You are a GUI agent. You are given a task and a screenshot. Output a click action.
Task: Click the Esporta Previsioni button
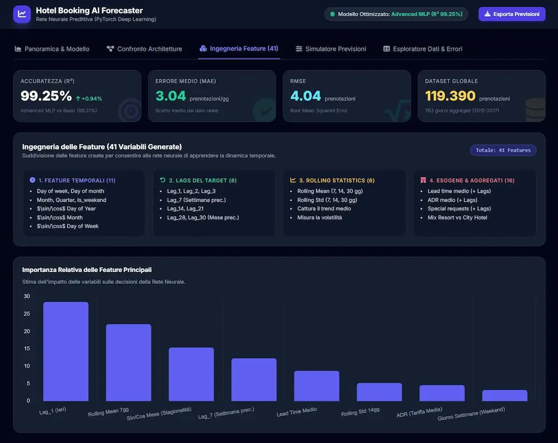coord(512,15)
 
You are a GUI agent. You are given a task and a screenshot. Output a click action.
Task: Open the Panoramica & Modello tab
coord(52,49)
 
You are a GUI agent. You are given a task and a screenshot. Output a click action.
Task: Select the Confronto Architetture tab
coord(145,49)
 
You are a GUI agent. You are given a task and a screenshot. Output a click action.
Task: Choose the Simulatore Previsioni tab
coord(330,49)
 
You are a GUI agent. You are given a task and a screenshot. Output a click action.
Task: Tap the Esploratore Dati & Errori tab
coord(423,49)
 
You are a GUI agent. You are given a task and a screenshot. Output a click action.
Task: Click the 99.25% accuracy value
coord(46,96)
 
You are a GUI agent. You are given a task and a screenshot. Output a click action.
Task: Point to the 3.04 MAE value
coord(170,96)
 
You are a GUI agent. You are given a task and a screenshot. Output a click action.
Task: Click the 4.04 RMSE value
coord(305,96)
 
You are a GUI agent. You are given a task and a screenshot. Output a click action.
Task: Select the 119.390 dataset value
coord(450,96)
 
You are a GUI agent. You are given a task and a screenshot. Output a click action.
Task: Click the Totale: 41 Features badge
coord(503,150)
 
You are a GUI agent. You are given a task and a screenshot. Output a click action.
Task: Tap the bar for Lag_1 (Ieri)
coord(66,351)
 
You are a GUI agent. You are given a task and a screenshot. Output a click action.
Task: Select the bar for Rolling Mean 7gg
coord(128,363)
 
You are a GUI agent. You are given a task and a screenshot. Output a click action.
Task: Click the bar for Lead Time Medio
coord(317,386)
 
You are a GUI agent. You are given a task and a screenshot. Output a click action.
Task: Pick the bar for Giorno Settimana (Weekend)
coord(504,396)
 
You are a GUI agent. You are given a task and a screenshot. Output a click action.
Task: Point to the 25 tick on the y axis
coord(27,313)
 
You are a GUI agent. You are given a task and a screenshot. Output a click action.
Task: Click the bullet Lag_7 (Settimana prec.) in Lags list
coord(196,200)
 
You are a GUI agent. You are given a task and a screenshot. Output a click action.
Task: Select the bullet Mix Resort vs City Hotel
coord(458,217)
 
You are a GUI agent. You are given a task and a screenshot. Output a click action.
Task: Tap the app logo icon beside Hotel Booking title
coord(22,15)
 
